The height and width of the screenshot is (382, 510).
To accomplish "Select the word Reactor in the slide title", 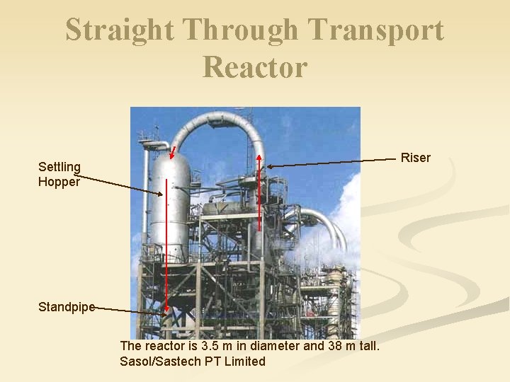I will [255, 66].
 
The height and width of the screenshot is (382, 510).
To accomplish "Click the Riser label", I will [415, 158].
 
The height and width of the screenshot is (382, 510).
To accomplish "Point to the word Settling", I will [59, 167].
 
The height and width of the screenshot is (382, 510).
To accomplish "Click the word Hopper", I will [59, 181].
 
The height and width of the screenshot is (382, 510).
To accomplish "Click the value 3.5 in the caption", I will [210, 346].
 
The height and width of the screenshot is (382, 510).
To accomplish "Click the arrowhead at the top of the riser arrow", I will [259, 158].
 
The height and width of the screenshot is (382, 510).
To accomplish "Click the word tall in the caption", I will [370, 346].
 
